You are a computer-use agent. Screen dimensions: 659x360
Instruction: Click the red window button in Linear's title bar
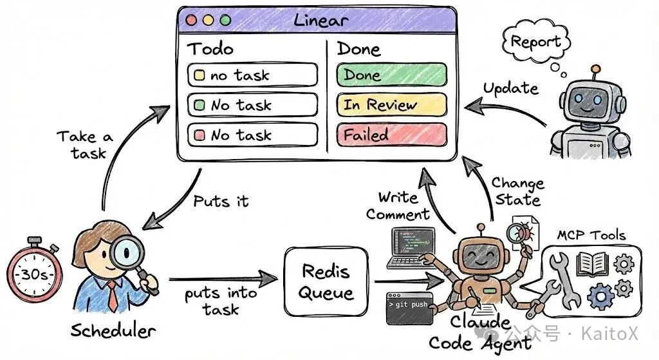pyautogui.click(x=191, y=20)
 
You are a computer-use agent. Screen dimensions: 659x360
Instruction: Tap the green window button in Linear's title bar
pyautogui.click(x=226, y=20)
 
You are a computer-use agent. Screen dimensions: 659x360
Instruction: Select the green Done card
pyautogui.click(x=392, y=75)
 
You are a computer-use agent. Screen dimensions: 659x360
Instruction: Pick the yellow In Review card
pyautogui.click(x=392, y=105)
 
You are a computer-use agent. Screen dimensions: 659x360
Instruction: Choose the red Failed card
pyautogui.click(x=392, y=135)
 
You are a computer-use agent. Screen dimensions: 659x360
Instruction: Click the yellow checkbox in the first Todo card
pyautogui.click(x=200, y=75)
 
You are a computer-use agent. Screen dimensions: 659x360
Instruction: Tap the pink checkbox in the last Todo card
pyautogui.click(x=200, y=135)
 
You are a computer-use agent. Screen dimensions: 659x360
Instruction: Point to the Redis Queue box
pyautogui.click(x=326, y=282)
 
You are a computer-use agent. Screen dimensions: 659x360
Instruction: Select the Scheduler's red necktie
pyautogui.click(x=113, y=296)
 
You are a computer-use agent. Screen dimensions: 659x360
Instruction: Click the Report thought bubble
pyautogui.click(x=536, y=42)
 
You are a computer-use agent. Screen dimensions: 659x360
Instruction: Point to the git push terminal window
pyautogui.click(x=410, y=309)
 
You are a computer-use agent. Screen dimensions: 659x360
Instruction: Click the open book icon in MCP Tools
pyautogui.click(x=593, y=263)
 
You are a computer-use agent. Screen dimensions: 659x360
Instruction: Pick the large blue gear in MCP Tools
pyautogui.click(x=601, y=296)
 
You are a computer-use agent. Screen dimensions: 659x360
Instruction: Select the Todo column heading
pyautogui.click(x=210, y=49)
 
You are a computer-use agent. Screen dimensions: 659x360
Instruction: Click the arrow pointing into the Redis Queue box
pyautogui.click(x=223, y=278)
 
